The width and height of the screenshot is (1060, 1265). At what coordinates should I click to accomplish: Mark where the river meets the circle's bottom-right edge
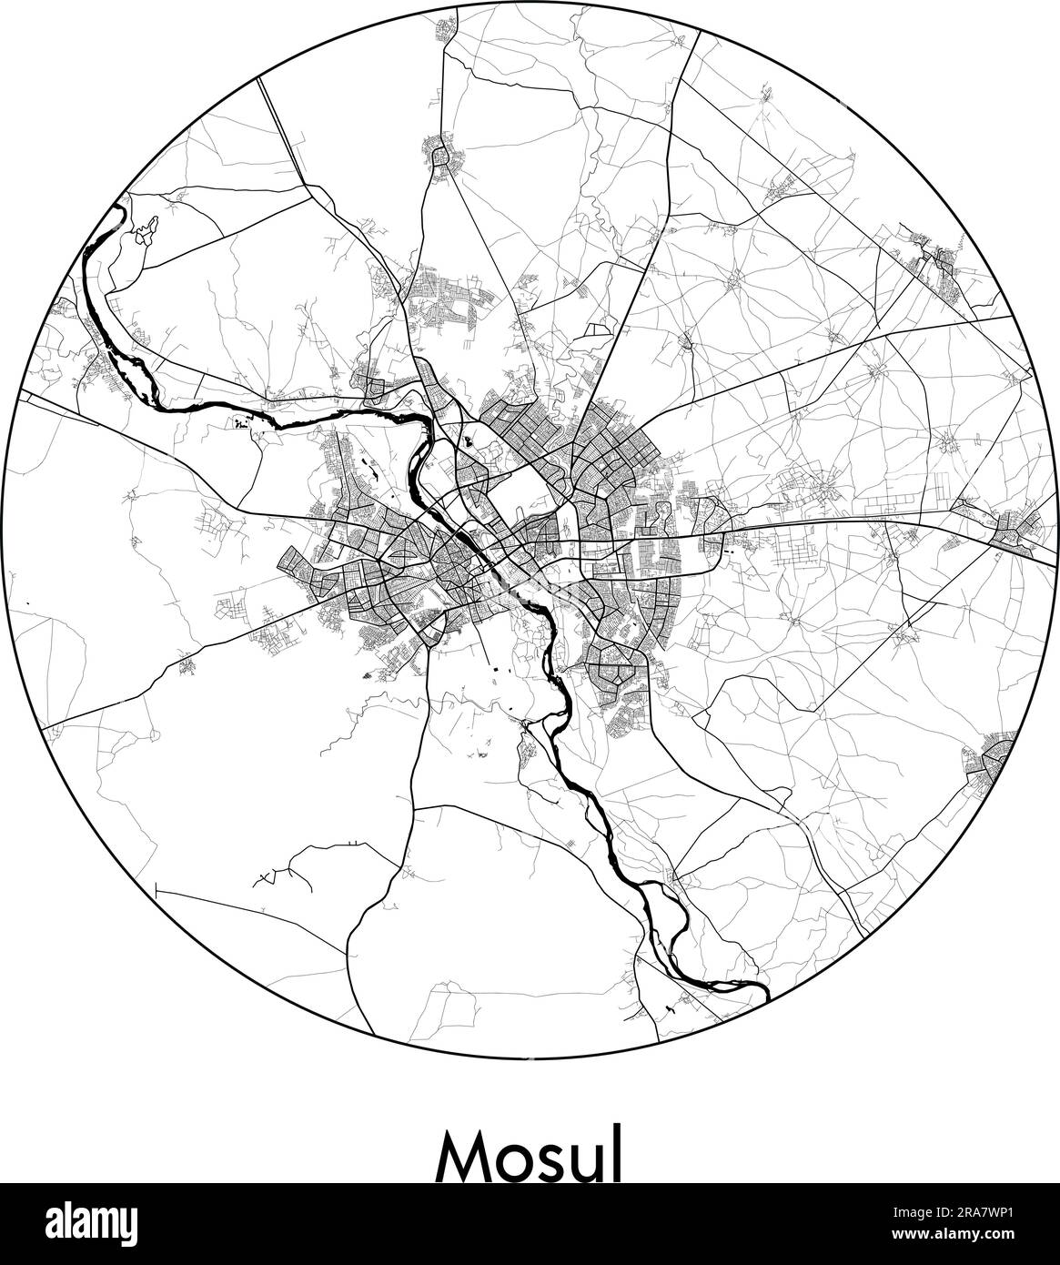click(x=767, y=996)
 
